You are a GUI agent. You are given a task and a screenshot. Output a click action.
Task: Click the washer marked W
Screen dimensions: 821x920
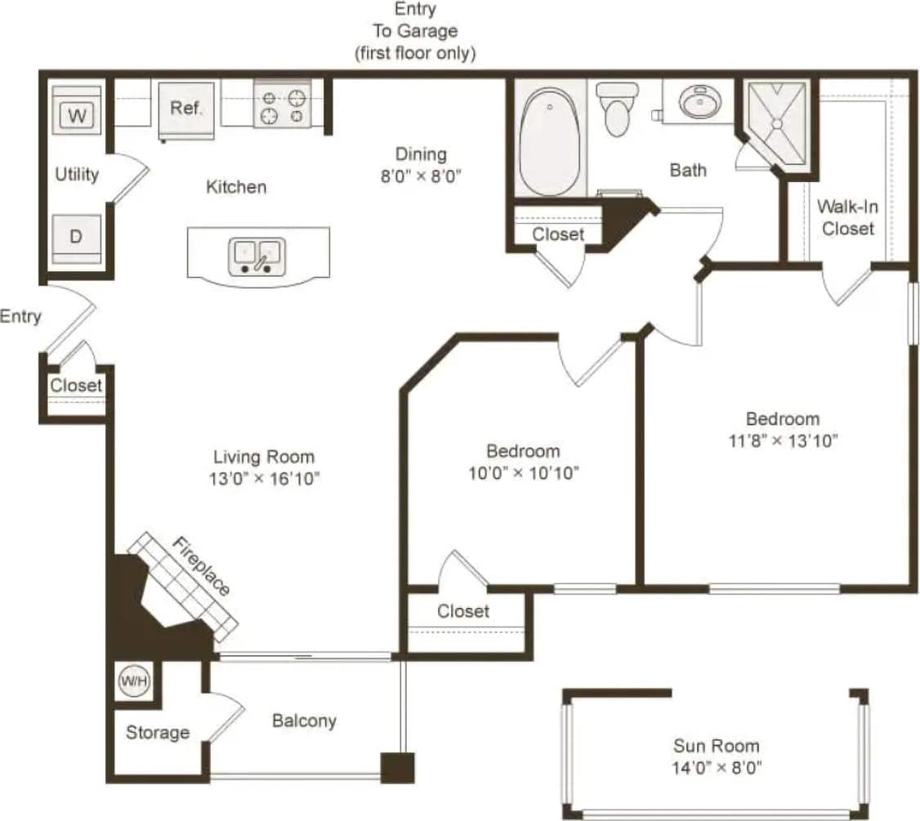point(77,114)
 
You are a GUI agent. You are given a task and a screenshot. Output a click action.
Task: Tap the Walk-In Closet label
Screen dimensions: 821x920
point(847,218)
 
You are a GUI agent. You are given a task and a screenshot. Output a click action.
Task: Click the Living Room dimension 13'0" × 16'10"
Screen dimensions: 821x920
point(263,479)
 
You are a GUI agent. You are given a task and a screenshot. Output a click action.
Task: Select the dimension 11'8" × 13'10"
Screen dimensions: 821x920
point(783,441)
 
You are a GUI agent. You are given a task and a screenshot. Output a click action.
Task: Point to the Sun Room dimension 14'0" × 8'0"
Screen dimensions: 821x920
point(716,768)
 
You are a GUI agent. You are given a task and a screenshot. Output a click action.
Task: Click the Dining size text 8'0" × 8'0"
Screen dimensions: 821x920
point(421,175)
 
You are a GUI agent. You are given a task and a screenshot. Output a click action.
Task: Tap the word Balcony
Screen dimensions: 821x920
point(304,721)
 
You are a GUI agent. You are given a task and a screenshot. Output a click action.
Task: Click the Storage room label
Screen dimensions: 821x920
point(158,733)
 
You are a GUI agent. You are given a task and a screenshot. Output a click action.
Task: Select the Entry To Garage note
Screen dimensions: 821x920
point(415,32)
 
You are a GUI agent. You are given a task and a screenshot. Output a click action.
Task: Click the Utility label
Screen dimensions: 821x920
point(77,174)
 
